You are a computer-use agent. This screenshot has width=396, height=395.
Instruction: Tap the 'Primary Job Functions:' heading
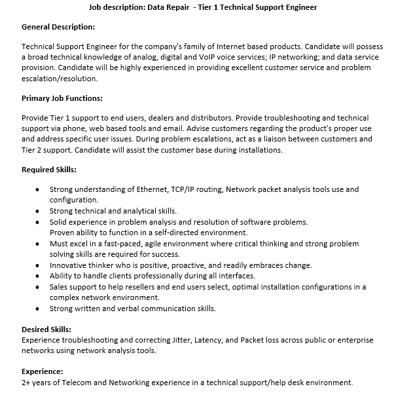point(62,98)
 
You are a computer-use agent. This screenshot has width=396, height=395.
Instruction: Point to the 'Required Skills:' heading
point(49,170)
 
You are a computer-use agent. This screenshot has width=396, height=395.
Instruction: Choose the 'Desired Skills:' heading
point(46,329)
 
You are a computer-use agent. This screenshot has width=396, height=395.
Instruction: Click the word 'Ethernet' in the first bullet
point(153,189)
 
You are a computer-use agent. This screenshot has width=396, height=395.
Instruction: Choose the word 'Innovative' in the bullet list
point(69,265)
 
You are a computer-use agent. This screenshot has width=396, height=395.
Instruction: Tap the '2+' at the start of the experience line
point(26,382)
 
